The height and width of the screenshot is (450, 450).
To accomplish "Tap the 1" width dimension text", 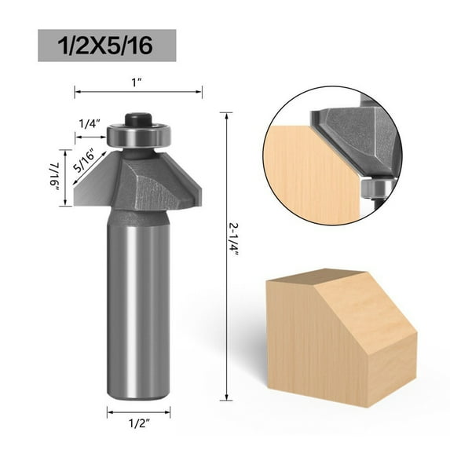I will click(138, 79).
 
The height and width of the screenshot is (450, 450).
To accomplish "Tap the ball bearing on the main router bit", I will click(138, 136).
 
